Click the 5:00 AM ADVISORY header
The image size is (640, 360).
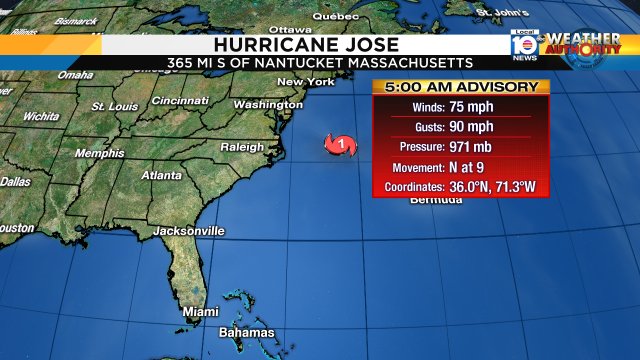[x=462, y=87]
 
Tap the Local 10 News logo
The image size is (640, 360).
[x=522, y=44]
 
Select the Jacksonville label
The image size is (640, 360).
[x=188, y=231]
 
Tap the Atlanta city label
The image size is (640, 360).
[x=161, y=175]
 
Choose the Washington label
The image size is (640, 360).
[x=268, y=104]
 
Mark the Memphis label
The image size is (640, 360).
[x=100, y=153]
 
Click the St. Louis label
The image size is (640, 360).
[x=114, y=105]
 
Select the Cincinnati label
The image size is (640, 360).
[x=180, y=100]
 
